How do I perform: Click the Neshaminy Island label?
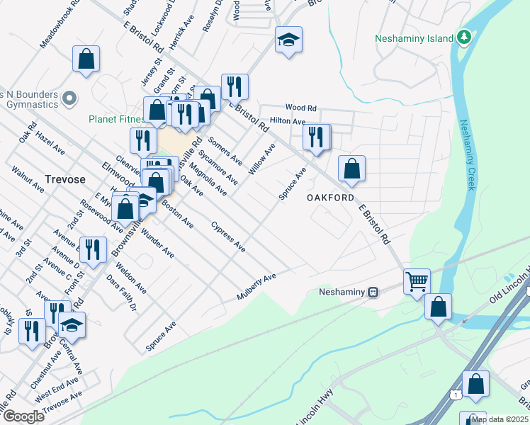(x=413, y=38)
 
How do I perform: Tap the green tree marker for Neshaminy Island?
(x=464, y=36)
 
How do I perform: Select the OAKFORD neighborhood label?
(x=329, y=198)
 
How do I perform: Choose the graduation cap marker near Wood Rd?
(x=288, y=40)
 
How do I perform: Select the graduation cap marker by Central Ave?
(x=72, y=325)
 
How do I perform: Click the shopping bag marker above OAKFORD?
(x=351, y=169)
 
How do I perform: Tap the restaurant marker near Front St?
(x=93, y=249)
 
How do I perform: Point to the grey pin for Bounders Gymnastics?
(x=69, y=98)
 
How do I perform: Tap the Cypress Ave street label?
(x=228, y=236)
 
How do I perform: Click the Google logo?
(x=23, y=416)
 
